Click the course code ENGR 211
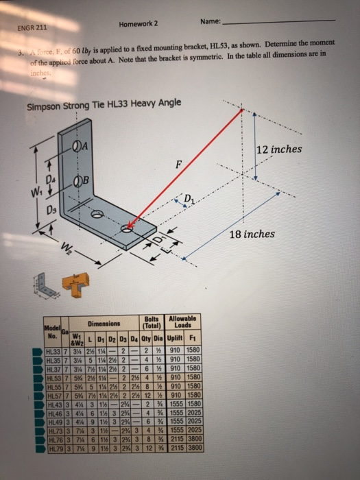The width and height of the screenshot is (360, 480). coord(32,29)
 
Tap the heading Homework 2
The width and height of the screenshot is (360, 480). coord(139,23)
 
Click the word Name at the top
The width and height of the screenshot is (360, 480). coord(209,21)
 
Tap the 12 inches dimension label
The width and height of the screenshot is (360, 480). coord(283,149)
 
